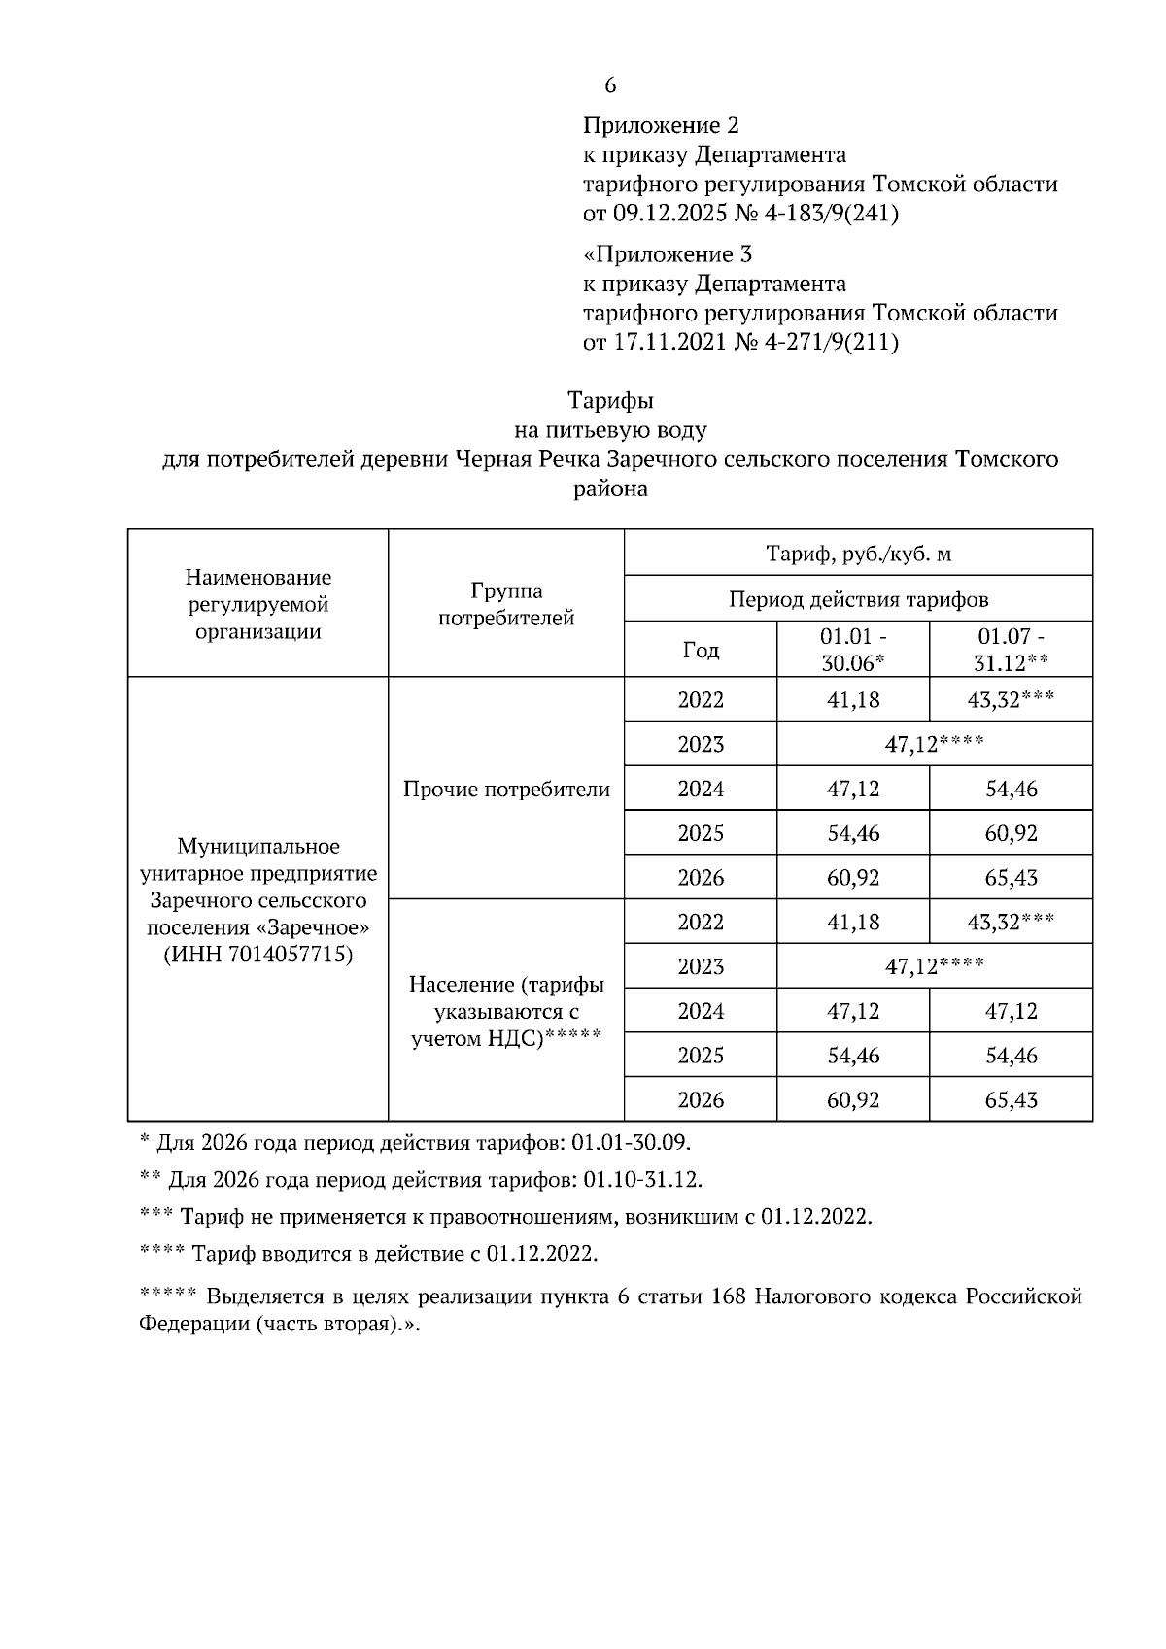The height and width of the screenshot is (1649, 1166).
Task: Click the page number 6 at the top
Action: coord(610,86)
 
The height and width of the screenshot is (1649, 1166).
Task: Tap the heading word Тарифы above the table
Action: coord(610,400)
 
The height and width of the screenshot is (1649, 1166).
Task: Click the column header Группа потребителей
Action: coord(506,604)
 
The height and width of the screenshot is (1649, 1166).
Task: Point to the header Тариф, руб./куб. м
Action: coord(858,555)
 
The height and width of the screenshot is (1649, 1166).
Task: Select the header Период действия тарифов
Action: coord(858,599)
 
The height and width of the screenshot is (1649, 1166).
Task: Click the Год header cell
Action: coord(701,650)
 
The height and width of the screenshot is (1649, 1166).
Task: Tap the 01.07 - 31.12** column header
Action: coord(1011,650)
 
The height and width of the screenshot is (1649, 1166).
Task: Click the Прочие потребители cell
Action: coord(506,789)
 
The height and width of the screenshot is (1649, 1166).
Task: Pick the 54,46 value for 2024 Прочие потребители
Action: coord(1011,789)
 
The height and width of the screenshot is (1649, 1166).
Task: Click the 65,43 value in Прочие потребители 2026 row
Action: coord(1011,878)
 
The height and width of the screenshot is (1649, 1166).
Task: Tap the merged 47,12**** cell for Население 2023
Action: coord(934,966)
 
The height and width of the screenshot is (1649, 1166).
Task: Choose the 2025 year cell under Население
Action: coord(701,1056)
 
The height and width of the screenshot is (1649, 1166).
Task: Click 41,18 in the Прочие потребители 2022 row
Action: coord(853,700)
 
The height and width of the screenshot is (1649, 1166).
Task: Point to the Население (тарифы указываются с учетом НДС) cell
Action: coord(506,1011)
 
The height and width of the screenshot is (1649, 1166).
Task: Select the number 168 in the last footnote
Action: coord(728,1297)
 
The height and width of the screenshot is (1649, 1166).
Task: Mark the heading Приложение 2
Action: coord(661,126)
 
